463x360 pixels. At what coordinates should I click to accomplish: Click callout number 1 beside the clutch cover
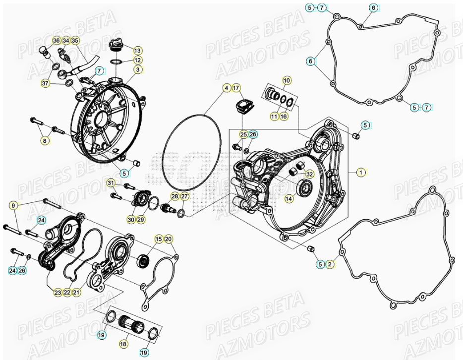point(361,172)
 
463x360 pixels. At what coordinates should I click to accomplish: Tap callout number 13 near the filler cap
point(137,51)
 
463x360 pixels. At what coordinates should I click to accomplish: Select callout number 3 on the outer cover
point(137,69)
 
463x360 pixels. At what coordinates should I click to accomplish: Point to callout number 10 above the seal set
point(287,80)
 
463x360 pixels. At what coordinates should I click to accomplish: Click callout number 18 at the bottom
point(123,343)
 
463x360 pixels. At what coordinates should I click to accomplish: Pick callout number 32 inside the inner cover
point(309,174)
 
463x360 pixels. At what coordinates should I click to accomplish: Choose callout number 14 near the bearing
point(289,198)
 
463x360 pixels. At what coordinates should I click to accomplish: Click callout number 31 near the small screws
point(111,184)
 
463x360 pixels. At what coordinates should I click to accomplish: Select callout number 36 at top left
point(56,40)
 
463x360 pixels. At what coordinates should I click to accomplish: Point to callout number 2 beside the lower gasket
point(330,264)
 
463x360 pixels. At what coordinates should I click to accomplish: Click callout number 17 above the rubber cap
point(236,88)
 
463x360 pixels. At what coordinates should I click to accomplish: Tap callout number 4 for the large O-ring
point(226,88)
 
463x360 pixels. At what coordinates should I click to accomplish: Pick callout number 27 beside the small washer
point(184,197)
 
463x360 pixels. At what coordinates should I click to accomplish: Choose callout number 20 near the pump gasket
point(168,240)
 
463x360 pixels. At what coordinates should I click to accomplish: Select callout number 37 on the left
point(45,84)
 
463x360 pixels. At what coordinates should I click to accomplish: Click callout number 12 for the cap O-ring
point(137,60)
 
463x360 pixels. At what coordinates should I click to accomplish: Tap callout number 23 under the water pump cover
point(58,293)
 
